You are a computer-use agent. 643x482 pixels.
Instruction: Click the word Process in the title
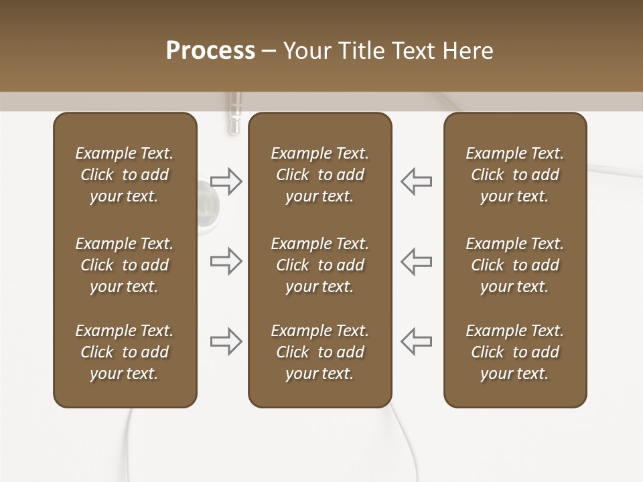210,51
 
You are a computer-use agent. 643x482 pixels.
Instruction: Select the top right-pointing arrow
226,181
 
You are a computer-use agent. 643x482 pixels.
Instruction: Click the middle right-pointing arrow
226,261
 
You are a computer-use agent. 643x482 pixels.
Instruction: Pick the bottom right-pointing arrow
226,341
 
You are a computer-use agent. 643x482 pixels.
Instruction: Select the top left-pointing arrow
416,181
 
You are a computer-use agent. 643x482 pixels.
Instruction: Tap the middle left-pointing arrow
416,261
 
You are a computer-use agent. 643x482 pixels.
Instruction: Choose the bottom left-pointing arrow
416,341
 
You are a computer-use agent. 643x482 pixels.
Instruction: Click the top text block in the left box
125,175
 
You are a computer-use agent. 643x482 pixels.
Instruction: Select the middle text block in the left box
125,265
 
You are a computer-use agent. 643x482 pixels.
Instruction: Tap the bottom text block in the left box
125,352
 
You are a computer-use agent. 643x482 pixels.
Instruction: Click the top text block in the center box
319,175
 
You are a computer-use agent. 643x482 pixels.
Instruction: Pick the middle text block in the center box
319,265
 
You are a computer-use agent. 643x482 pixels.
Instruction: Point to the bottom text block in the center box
319,352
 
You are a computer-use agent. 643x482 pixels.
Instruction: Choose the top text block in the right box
514,175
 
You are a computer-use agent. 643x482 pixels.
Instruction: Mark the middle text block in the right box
514,265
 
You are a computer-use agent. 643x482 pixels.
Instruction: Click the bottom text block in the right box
514,352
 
